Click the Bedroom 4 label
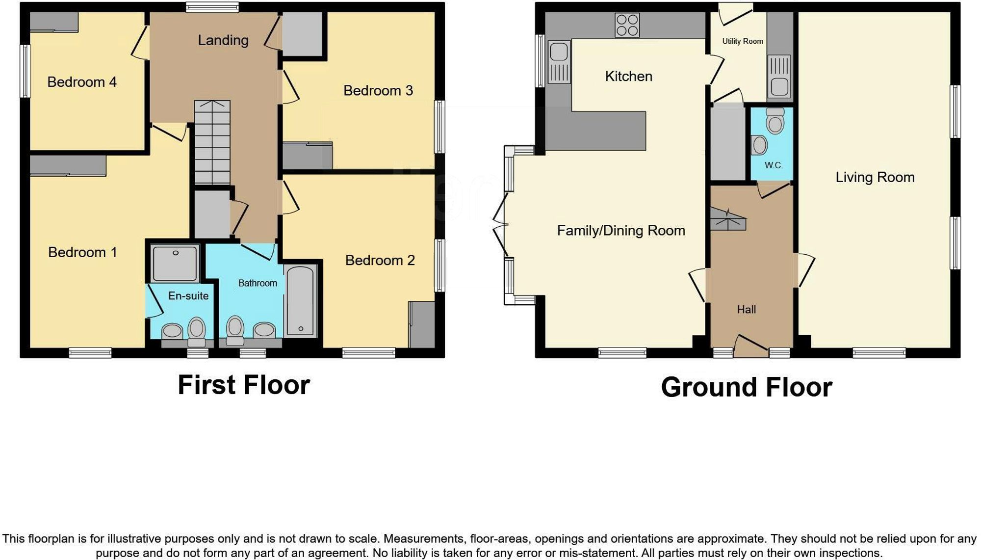point(82,82)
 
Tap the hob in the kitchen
point(627,25)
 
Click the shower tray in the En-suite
point(175,264)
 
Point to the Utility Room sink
point(779,76)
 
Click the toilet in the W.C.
point(775,121)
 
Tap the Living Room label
point(875,177)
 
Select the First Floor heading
point(244,385)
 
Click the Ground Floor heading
point(746,387)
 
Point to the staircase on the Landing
point(212,142)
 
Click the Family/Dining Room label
point(620,231)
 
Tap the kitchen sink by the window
point(559,62)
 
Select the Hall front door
point(751,346)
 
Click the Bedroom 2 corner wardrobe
point(422,325)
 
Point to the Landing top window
point(212,7)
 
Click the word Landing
point(223,40)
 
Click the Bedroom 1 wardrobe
point(68,165)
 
